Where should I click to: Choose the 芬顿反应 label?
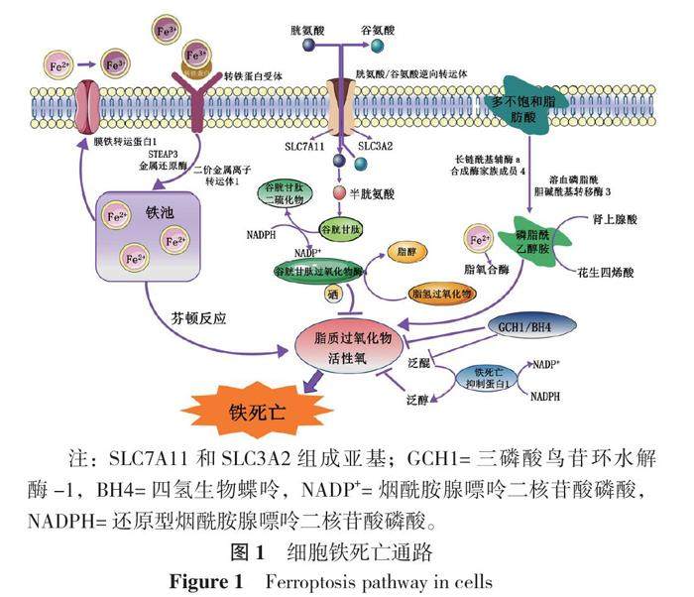199,318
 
